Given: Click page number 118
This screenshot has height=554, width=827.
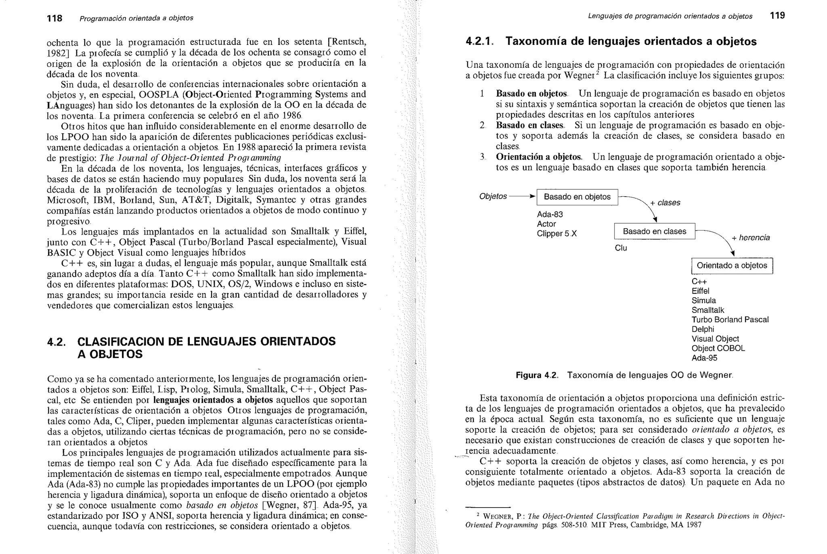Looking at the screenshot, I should click(55, 18).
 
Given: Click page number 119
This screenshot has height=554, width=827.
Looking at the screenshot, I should click(777, 16).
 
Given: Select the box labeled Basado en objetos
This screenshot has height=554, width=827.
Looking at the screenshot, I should click(577, 197).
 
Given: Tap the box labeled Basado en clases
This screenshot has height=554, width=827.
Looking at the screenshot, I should click(654, 231).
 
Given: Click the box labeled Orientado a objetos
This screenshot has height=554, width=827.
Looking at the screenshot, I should click(732, 266).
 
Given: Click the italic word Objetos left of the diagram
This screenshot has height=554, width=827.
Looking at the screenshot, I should click(493, 196).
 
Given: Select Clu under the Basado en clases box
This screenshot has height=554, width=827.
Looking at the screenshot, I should click(621, 248).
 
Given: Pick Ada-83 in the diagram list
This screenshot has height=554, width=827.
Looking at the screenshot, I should click(550, 214).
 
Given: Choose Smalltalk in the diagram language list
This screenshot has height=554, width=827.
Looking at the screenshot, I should click(708, 310).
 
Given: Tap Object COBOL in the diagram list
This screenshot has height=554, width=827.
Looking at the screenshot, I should click(718, 348).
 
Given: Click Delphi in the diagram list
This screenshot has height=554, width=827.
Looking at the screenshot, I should click(703, 329).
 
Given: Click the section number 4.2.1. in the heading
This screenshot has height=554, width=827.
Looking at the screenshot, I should click(479, 42).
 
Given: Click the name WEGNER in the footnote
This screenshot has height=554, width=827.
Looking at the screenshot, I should click(498, 516).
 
